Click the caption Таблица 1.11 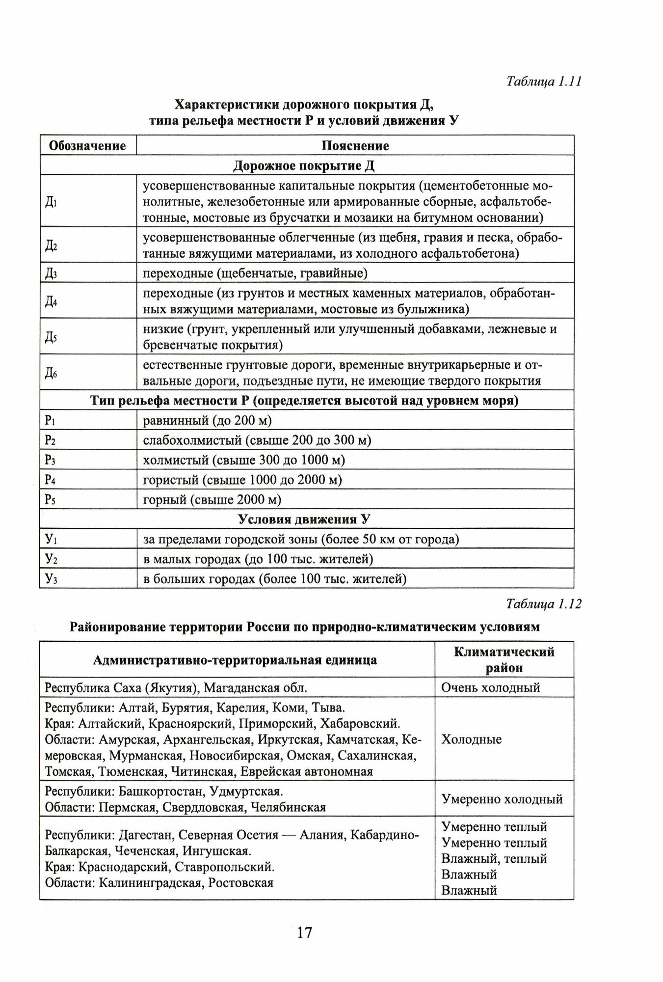[x=543, y=81]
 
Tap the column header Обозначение [x=88, y=146]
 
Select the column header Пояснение [x=355, y=146]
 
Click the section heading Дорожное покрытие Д [x=304, y=166]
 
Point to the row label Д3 [x=52, y=273]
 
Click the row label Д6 [x=52, y=373]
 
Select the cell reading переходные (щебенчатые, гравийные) [x=255, y=273]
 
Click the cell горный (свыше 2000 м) [x=212, y=500]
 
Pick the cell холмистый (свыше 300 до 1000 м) [x=244, y=460]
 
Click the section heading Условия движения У [x=304, y=519]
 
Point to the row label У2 [x=51, y=559]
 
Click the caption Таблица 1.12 [x=543, y=604]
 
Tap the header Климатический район [x=504, y=659]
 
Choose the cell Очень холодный [x=490, y=687]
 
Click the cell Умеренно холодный [x=502, y=799]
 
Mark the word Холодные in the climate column [x=471, y=739]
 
